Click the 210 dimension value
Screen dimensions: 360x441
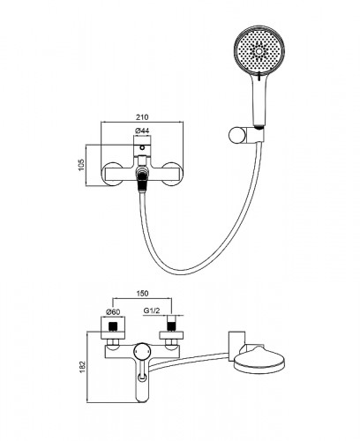tap(142, 116)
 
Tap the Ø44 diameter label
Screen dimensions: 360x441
tap(142, 131)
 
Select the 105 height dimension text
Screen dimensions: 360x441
tap(81, 165)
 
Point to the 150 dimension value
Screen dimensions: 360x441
tap(142, 293)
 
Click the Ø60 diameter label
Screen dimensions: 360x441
tap(113, 311)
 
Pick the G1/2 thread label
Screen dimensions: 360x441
tap(152, 310)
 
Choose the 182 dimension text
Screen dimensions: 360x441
tap(83, 367)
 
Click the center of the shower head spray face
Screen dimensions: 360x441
tap(259, 52)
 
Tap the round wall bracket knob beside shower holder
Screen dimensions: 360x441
tap(236, 135)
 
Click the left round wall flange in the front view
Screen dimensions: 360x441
tap(112, 174)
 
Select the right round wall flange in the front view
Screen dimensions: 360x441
tap(171, 174)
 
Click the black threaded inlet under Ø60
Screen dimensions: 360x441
tap(113, 326)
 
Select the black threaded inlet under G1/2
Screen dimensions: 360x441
tap(171, 326)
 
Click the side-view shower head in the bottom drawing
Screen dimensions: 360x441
tap(259, 361)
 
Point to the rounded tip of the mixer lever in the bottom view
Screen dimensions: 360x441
tap(142, 399)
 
